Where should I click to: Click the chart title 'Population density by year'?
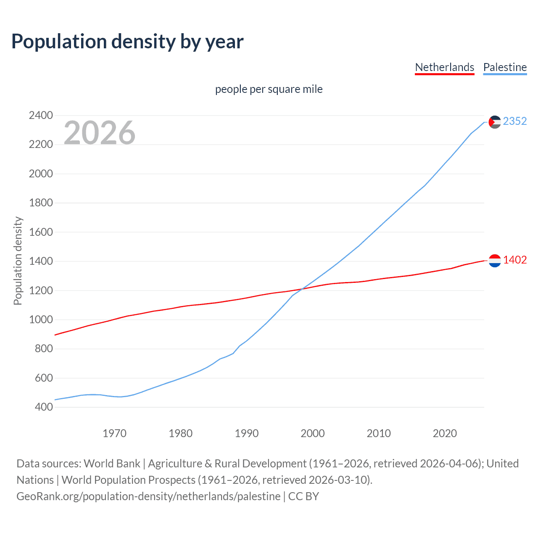click(127, 42)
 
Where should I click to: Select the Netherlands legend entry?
click(444, 67)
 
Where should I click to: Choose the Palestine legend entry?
click(505, 67)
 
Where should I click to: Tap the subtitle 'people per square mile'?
click(269, 89)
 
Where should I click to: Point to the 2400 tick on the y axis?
click(41, 115)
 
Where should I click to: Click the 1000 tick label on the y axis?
click(41, 319)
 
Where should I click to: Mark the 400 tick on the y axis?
click(41, 407)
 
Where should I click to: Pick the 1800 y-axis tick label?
click(41, 203)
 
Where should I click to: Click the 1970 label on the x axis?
click(114, 433)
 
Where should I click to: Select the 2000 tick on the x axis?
click(313, 433)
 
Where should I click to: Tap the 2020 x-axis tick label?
click(445, 433)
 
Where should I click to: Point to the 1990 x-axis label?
click(247, 433)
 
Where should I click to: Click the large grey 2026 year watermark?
click(100, 133)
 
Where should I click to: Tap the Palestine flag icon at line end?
click(495, 122)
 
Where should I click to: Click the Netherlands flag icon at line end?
click(495, 261)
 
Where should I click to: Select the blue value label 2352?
click(515, 121)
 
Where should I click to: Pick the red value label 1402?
click(515, 260)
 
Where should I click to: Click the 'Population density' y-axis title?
click(18, 261)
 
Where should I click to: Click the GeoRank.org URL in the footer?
click(148, 496)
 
